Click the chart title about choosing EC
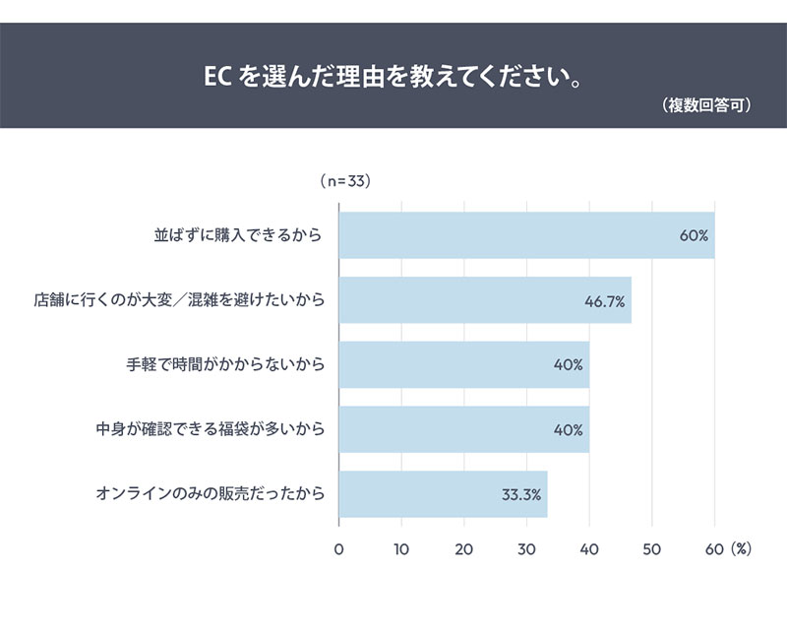(x=393, y=76)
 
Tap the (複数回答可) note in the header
(x=707, y=106)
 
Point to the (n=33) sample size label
(x=344, y=181)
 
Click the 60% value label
(x=694, y=236)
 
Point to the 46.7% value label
(x=605, y=301)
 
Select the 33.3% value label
(x=521, y=494)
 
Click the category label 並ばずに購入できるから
(x=239, y=236)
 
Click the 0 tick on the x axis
(x=339, y=548)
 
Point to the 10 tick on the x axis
(x=401, y=548)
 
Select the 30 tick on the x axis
(x=526, y=548)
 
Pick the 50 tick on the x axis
(x=651, y=548)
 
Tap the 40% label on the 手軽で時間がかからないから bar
(x=569, y=365)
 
